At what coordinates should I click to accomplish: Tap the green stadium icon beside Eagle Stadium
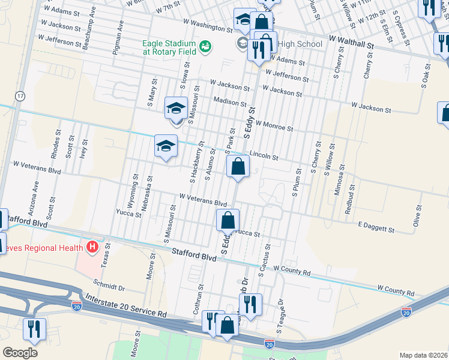point(205,45)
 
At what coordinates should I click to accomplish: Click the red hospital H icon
point(92,246)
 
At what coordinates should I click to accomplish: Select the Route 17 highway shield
point(20,96)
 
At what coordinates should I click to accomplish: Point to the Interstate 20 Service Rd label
point(125,305)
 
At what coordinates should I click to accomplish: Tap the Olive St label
point(416,215)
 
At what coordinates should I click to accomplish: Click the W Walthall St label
point(352,44)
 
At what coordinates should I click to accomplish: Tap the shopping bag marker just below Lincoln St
point(238,166)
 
